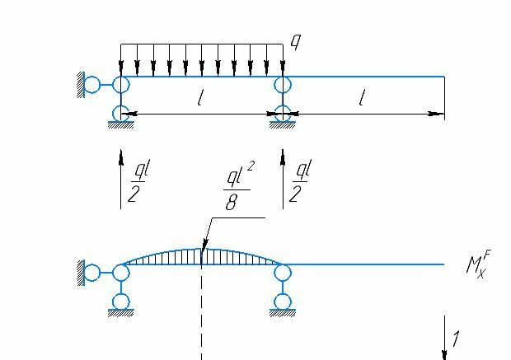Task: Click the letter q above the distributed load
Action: pos(294,41)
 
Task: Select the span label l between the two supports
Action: pos(200,99)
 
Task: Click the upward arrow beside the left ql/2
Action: pos(121,178)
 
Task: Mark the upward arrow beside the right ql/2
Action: pos(284,178)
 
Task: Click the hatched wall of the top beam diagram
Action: pos(81,83)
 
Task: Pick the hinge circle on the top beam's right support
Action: pos(284,84)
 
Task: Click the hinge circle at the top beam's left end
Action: pos(121,84)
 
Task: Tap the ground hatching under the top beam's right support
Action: pos(284,125)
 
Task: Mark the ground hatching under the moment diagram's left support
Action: pos(121,313)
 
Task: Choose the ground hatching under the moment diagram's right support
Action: pos(284,313)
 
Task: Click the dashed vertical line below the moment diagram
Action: pos(202,330)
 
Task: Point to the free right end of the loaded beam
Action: pos(444,77)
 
